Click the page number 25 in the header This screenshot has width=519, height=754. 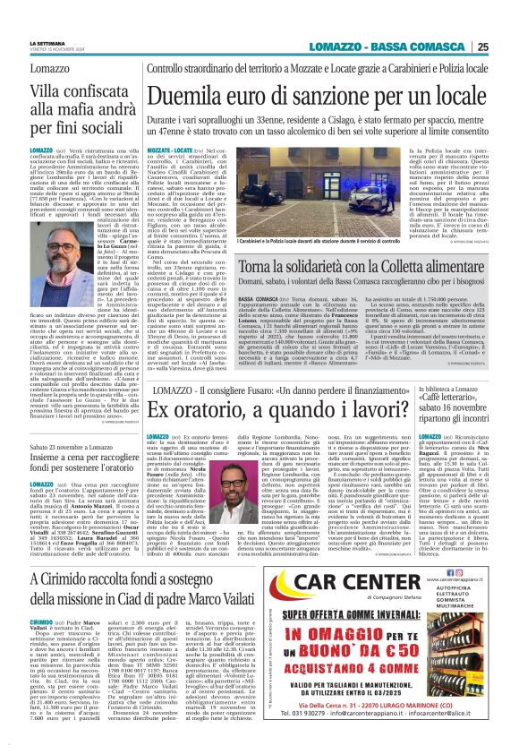pos(507,47)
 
